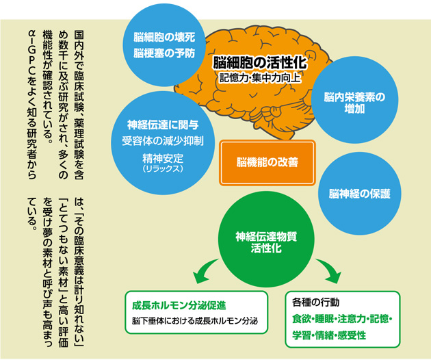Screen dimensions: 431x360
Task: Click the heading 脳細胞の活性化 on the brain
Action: (260, 63)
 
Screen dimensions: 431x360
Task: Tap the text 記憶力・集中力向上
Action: (260, 78)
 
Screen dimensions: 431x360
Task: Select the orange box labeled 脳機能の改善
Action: (267, 162)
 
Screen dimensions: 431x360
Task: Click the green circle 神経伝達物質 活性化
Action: (266, 240)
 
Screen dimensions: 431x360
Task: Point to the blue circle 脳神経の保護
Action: (360, 194)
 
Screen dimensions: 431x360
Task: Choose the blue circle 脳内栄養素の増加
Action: (354, 99)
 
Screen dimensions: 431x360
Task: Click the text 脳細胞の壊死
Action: (164, 37)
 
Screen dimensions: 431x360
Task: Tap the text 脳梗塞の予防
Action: (164, 53)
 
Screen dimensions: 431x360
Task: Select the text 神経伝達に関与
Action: (163, 125)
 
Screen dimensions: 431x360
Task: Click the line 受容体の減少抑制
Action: (163, 142)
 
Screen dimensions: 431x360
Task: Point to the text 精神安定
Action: (163, 158)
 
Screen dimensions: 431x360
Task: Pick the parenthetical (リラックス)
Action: (163, 168)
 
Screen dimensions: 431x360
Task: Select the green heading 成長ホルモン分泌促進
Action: (179, 305)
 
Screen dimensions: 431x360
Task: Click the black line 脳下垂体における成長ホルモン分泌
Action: (194, 321)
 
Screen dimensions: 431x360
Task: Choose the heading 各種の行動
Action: (315, 303)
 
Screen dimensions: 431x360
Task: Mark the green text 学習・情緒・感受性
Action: (329, 335)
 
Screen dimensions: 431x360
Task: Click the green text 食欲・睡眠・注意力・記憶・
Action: (342, 319)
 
